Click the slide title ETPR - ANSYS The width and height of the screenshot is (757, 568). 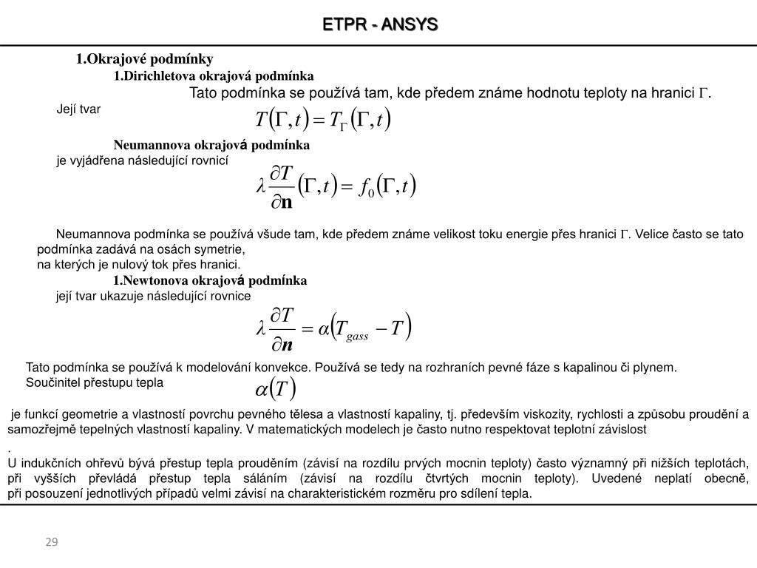[380, 24]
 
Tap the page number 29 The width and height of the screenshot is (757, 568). [52, 542]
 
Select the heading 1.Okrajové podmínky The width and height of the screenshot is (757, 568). [144, 58]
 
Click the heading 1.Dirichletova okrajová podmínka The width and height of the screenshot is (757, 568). [214, 75]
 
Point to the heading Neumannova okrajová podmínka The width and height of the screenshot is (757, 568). [211, 144]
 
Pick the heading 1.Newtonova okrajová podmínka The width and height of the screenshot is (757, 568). [209, 280]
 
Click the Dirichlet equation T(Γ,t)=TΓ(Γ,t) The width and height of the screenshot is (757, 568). [322, 119]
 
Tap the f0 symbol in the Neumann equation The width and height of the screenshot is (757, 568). [365, 188]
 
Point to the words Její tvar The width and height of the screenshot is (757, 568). [78, 109]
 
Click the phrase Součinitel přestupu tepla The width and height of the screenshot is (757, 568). [95, 382]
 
